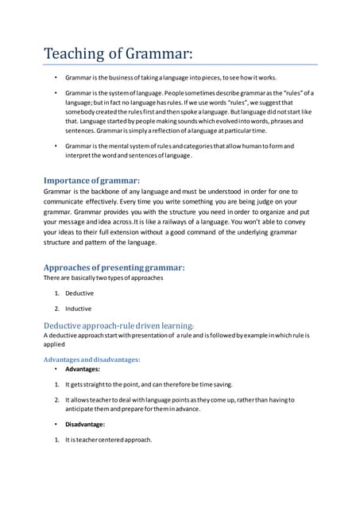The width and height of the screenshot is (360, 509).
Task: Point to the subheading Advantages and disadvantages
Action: [x=91, y=359]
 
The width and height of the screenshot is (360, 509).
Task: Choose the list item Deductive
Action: [x=79, y=293]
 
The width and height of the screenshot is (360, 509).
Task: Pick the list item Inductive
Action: [x=78, y=309]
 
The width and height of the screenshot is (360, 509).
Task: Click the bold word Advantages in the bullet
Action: [x=83, y=370]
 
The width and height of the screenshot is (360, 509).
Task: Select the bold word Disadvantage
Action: [x=86, y=424]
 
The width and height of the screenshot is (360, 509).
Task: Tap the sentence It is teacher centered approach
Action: [x=108, y=440]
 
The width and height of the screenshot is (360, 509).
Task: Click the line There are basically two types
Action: [x=103, y=278]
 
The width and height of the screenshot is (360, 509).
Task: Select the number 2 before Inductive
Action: [x=56, y=309]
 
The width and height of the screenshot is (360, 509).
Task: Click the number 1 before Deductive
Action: [x=56, y=293]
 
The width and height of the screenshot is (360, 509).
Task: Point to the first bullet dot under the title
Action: [x=56, y=80]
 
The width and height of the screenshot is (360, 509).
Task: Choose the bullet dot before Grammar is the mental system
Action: [x=56, y=146]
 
